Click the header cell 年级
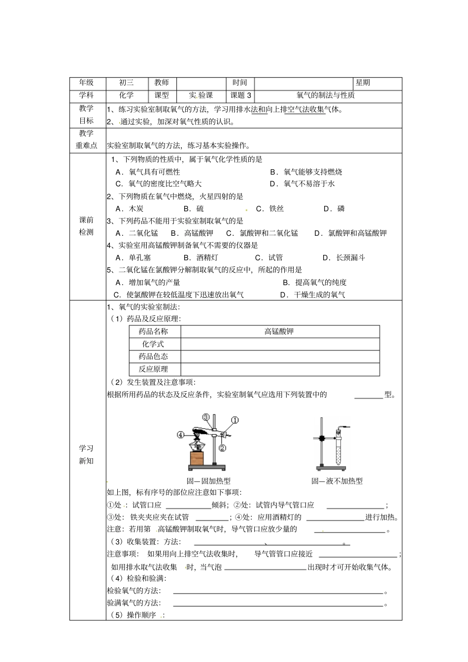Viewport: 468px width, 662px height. point(86,83)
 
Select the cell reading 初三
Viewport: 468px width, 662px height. point(126,83)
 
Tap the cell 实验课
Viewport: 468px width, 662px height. point(201,95)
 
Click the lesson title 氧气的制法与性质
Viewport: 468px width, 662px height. point(326,95)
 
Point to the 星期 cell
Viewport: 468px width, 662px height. point(363,83)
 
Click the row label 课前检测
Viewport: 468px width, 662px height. point(86,226)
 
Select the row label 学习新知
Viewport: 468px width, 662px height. point(86,454)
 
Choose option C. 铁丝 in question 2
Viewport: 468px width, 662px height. point(270,209)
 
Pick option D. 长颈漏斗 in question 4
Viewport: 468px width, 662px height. point(344,257)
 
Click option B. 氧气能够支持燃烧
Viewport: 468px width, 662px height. point(306,172)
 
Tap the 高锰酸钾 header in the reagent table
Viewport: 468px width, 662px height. point(279,331)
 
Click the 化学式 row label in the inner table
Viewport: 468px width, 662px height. point(153,344)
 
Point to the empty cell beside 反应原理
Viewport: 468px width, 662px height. point(280,369)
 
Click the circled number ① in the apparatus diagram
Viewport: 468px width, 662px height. point(234,420)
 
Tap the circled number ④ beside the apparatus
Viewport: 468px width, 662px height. point(181,435)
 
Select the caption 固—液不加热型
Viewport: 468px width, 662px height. point(337,481)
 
